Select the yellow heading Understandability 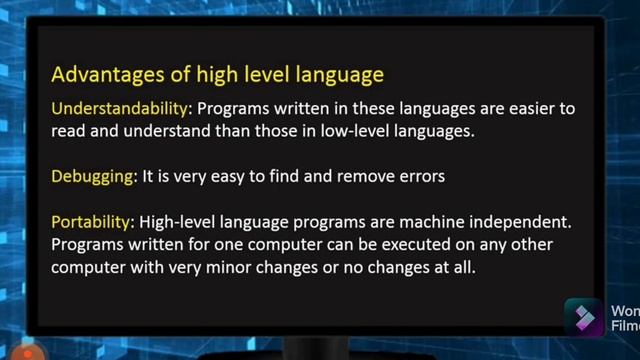pos(118,107)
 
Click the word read pos(67,131)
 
